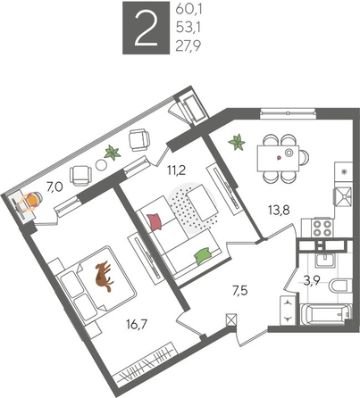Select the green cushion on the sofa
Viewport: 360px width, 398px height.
204,256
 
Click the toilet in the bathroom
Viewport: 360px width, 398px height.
339,286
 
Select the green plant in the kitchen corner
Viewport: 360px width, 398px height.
238,142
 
